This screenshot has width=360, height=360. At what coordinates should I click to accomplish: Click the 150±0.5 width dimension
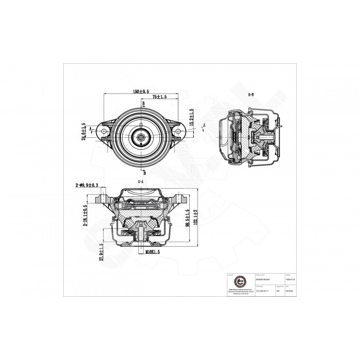tap(140, 92)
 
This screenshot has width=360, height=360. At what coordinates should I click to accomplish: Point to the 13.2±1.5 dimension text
tap(192, 118)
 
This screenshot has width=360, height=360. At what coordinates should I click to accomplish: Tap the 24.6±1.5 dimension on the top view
tap(83, 131)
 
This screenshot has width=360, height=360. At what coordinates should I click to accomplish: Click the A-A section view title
tap(140, 182)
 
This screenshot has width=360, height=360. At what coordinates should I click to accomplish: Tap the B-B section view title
tap(251, 95)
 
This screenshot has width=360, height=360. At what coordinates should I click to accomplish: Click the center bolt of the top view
tap(141, 137)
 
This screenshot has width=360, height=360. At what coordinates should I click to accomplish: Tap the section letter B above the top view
tap(143, 103)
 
